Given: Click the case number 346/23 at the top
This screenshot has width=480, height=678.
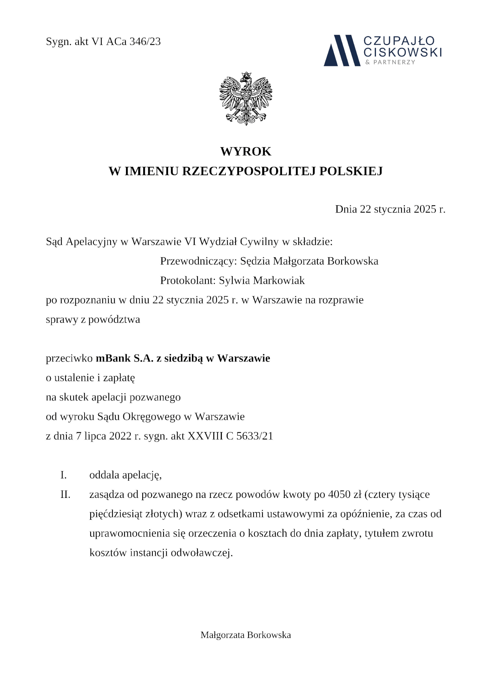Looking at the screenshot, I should click(145, 42).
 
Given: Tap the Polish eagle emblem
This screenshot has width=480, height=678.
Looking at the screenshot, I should click(246, 98).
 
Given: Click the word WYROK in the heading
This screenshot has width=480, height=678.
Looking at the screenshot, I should click(246, 152).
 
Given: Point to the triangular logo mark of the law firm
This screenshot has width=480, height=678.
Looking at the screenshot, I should click(341, 51).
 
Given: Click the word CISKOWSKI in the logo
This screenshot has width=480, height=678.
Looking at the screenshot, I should click(402, 52).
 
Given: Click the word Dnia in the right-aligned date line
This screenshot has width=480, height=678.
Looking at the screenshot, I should click(346, 209).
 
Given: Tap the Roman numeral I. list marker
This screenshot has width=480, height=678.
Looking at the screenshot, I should click(64, 475).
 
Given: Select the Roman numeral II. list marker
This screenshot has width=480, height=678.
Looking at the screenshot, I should click(65, 495).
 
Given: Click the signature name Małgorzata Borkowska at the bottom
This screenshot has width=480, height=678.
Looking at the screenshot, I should click(246, 635).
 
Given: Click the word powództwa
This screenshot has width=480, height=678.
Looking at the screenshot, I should click(114, 319).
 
